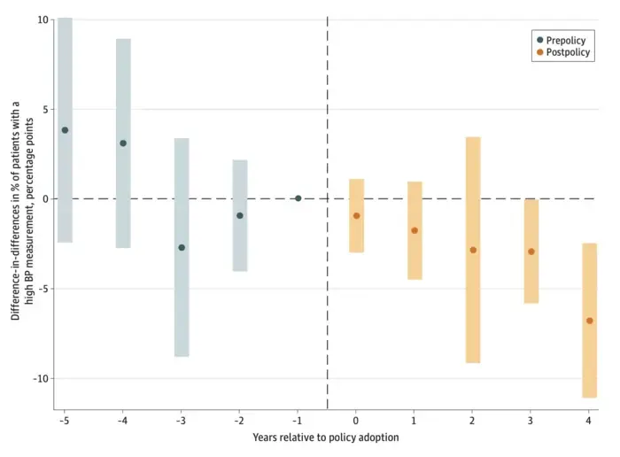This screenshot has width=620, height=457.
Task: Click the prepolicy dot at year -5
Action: coord(65,130)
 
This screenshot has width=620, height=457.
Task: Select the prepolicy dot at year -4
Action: coord(123,143)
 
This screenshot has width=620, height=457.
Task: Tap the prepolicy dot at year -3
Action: coord(182,247)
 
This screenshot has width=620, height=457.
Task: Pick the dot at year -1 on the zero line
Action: coord(298,198)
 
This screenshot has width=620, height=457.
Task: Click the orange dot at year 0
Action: coord(356,216)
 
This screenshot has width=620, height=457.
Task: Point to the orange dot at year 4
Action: coord(590,321)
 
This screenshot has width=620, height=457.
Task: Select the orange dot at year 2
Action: coord(473,251)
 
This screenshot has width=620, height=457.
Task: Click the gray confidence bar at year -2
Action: coord(240,215)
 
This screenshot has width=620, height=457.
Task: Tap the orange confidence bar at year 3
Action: coord(531,252)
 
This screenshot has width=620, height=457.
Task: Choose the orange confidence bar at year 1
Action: coord(415,230)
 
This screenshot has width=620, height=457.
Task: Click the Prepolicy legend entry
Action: coord(562,41)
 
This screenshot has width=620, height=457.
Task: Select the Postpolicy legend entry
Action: coord(563,52)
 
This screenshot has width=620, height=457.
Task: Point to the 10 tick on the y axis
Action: coord(43,19)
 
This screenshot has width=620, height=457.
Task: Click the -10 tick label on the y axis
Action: coord(41,378)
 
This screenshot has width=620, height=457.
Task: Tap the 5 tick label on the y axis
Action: coord(46,110)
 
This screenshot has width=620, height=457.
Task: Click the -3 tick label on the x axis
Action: coord(181,421)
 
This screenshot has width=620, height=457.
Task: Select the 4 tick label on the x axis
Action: coord(589,421)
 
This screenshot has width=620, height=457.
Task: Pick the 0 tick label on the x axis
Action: coord(356,421)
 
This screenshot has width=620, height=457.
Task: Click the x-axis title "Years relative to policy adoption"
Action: coord(326,438)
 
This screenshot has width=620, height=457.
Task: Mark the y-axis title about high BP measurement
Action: coord(22,211)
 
